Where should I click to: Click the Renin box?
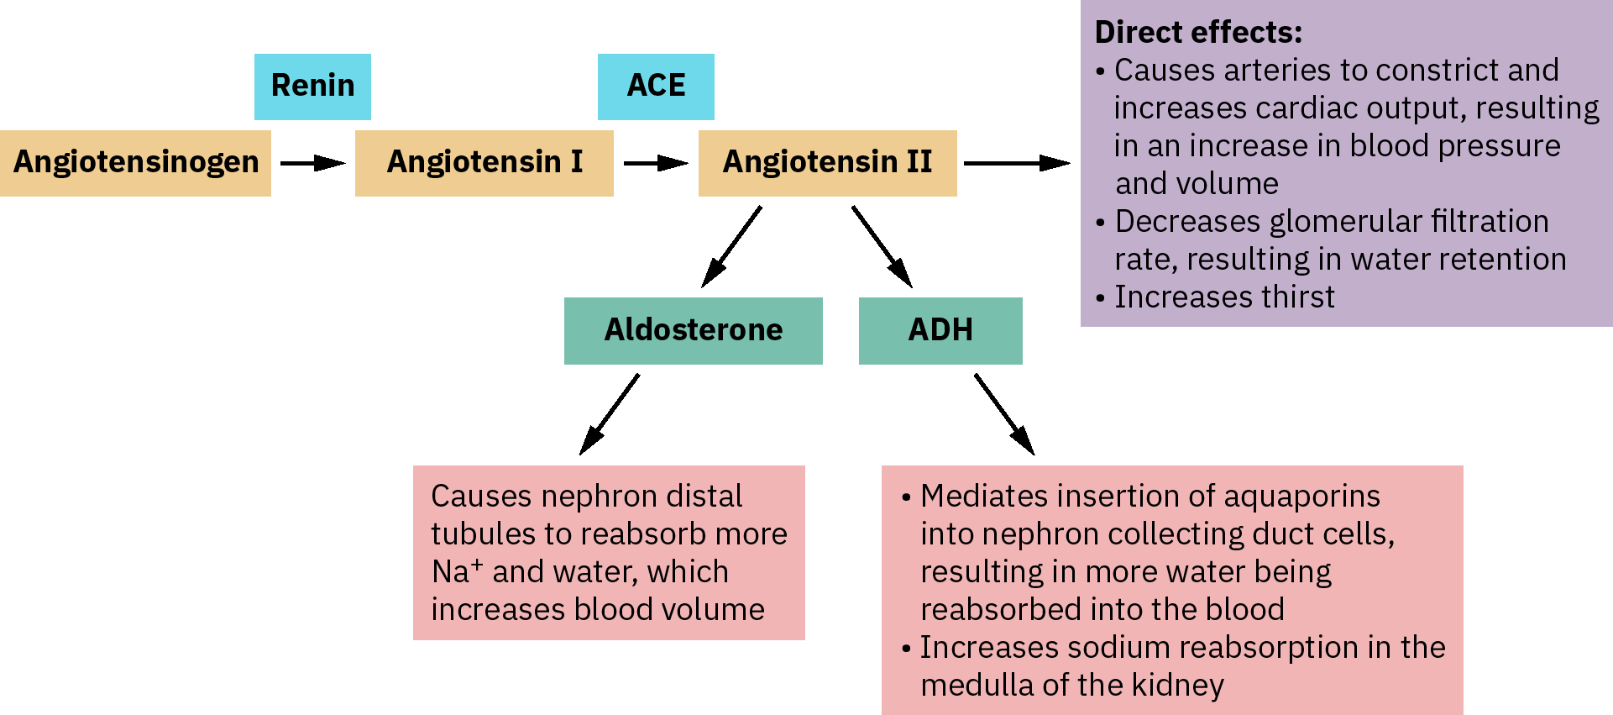(x=312, y=87)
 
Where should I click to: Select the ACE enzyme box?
(x=656, y=87)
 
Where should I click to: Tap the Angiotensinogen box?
(x=135, y=163)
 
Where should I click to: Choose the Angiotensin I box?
(x=484, y=163)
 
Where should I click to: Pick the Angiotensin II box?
(x=827, y=163)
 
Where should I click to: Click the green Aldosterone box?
(x=693, y=330)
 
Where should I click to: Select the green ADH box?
(x=940, y=330)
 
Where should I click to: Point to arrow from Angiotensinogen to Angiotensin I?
(x=312, y=163)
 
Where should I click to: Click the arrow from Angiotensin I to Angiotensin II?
(x=656, y=163)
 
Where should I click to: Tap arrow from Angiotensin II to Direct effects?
(x=1017, y=163)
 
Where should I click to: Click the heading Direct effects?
(x=1198, y=32)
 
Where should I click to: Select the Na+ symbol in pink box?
(x=457, y=571)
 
